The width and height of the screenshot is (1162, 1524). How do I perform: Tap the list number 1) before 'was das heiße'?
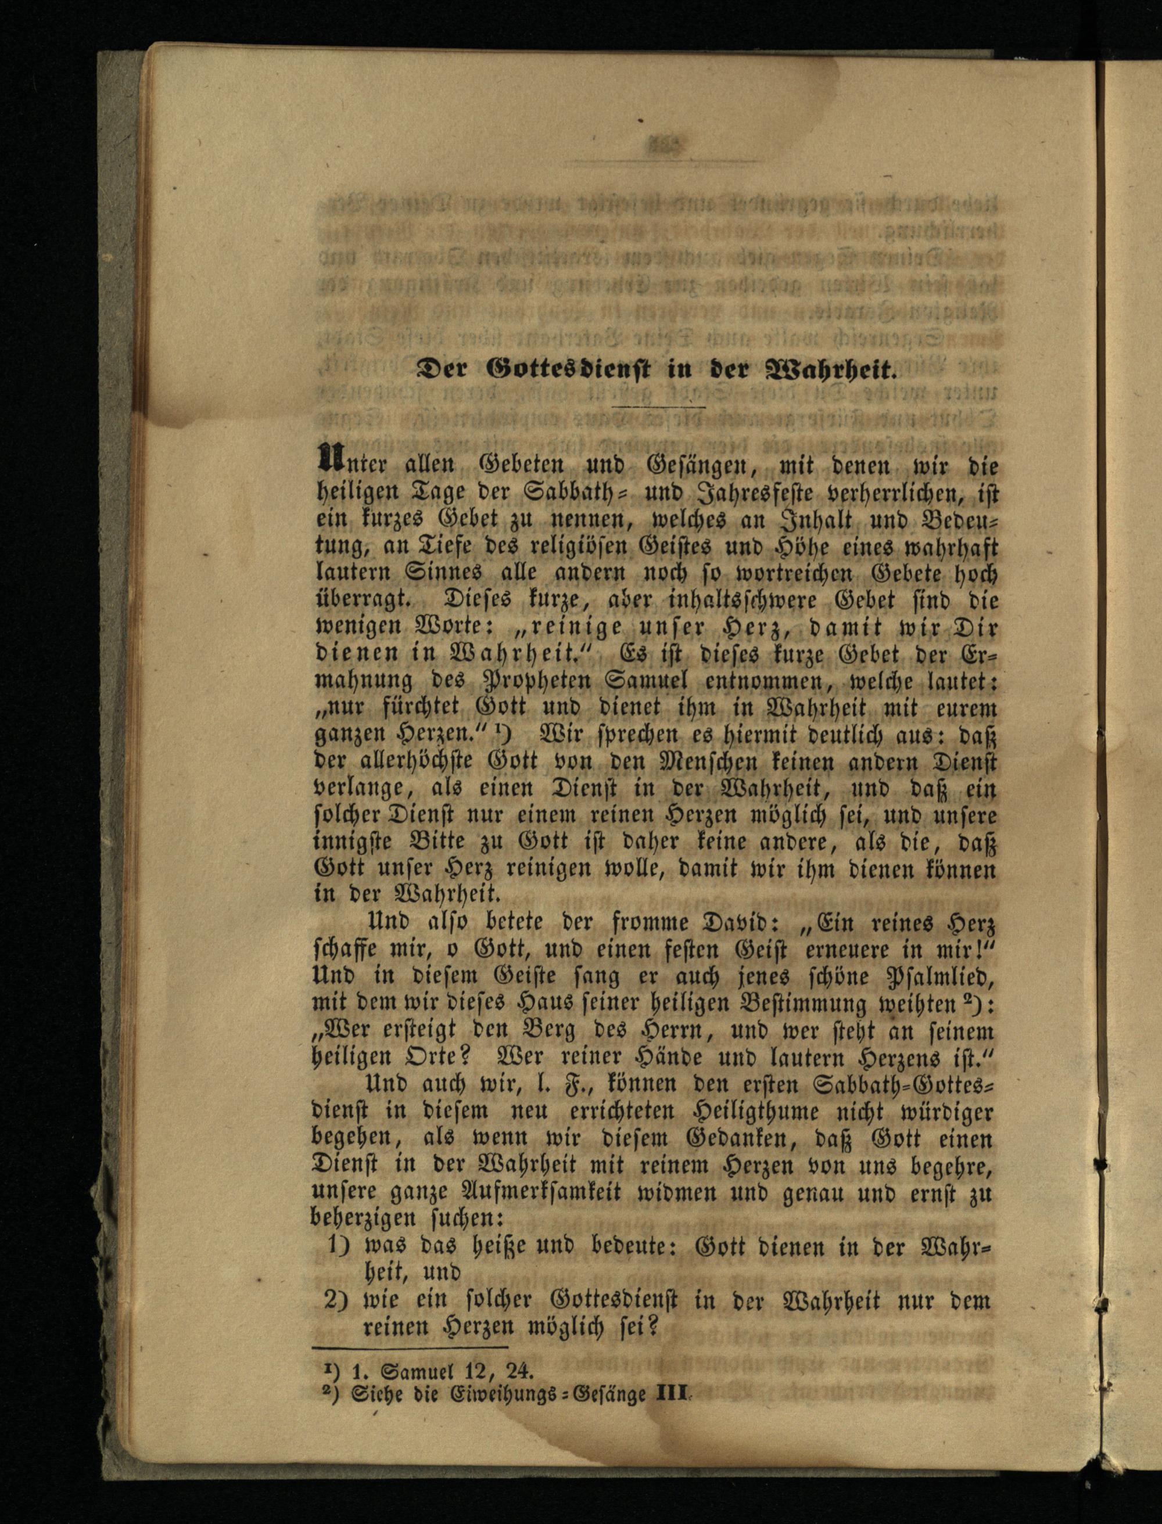(338, 1247)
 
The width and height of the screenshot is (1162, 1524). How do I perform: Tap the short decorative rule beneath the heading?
(661, 407)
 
